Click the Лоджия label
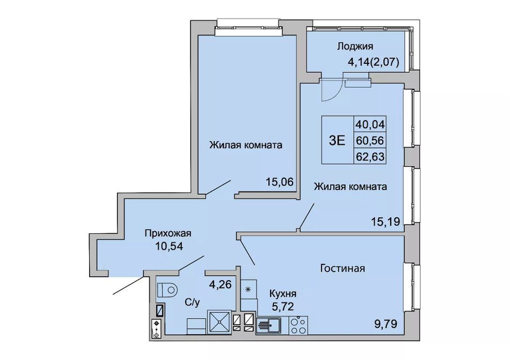click(355, 47)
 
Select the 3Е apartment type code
click(337, 140)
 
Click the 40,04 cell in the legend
click(370, 124)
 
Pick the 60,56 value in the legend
click(370, 141)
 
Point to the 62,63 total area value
click(370, 157)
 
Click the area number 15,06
click(280, 182)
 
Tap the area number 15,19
click(385, 222)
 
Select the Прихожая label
click(168, 233)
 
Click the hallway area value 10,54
click(169, 246)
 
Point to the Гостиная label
click(343, 268)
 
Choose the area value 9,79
click(386, 324)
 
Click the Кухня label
click(282, 293)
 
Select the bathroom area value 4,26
click(220, 285)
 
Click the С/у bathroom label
click(192, 303)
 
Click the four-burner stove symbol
click(298, 325)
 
